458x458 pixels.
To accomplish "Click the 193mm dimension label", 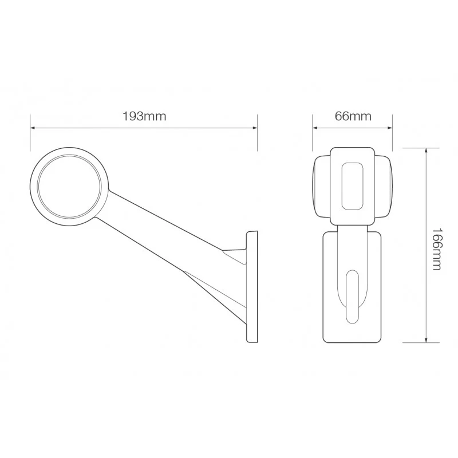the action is tap(144, 116).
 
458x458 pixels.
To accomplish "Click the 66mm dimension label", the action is tap(353, 116).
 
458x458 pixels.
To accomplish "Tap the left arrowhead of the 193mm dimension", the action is tap(33, 128).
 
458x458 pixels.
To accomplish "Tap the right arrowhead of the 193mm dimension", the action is tap(255, 128).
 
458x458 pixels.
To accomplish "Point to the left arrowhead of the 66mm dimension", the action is tap(315, 128).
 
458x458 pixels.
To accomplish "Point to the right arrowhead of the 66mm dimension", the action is tap(389, 128).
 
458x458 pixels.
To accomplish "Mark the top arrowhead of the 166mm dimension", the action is tap(427, 151).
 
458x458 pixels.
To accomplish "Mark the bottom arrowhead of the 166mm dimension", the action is tap(427, 339).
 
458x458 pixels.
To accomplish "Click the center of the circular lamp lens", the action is tap(69, 187).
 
